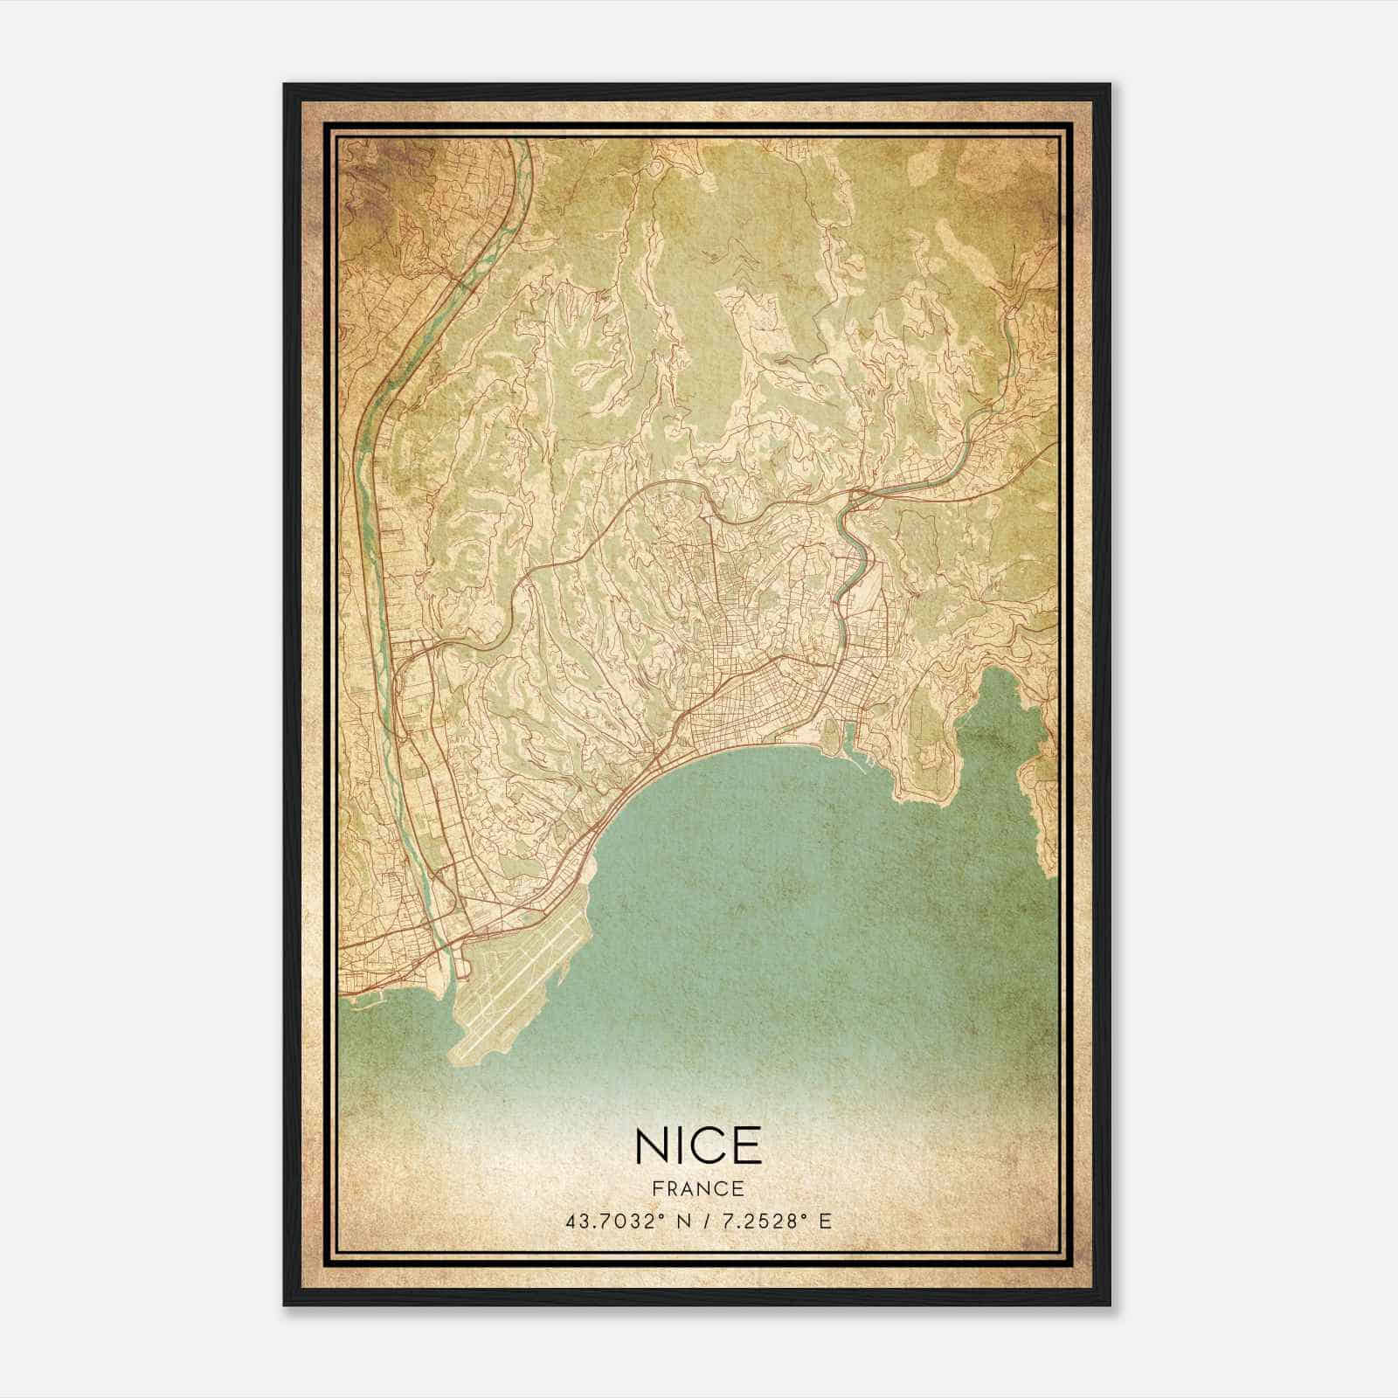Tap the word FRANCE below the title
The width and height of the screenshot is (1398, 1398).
(698, 1189)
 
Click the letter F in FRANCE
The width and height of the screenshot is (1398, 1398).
(657, 1189)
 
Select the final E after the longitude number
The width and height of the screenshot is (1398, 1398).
(825, 1222)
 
